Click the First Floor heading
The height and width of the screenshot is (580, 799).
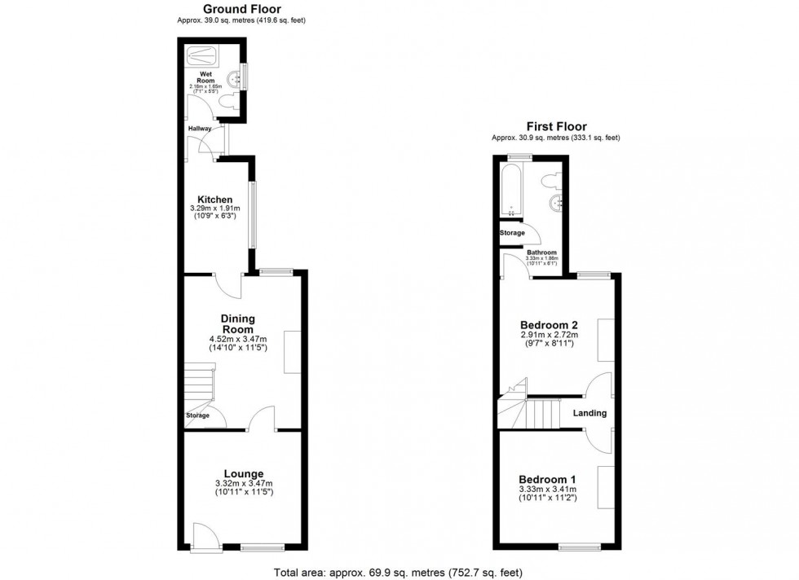point(556,126)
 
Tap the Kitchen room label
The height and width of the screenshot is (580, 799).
point(215,200)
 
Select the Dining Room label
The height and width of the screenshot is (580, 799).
point(238,323)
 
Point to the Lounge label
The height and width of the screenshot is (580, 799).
point(244,473)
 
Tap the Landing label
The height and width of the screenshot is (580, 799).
point(589,413)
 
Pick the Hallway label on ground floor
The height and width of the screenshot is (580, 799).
point(200,129)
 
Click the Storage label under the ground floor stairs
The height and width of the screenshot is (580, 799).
point(197,415)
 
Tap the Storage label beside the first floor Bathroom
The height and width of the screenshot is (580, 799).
point(513,233)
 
